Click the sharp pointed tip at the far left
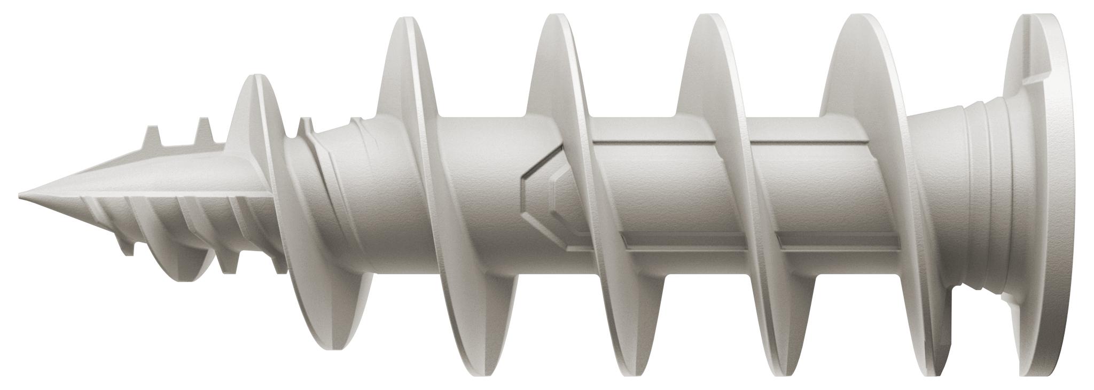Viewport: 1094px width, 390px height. point(21,193)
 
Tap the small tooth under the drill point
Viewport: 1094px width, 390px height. point(127,248)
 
